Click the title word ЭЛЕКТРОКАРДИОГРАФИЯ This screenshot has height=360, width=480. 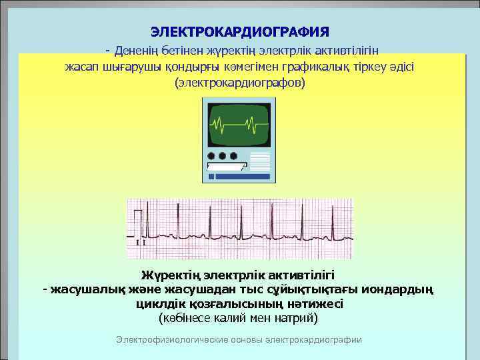[x=239, y=32]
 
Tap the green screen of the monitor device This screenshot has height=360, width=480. [x=239, y=124]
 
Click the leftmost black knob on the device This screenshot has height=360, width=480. [x=212, y=156]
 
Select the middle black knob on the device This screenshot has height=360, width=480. [x=223, y=156]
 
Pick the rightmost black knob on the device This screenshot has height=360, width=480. [x=233, y=156]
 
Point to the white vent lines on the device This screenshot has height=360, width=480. [x=259, y=161]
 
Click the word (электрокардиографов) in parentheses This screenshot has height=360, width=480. [x=239, y=83]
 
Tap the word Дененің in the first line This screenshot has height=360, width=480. [x=137, y=50]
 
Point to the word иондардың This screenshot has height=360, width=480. [x=400, y=289]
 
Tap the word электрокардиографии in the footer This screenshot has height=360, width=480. [x=313, y=339]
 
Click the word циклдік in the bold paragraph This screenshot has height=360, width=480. [x=156, y=303]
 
